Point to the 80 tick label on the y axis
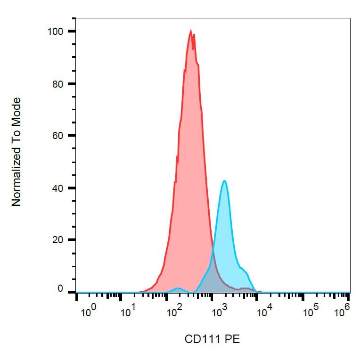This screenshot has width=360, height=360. [x=57, y=84]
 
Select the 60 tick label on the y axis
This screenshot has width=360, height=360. [x=57, y=136]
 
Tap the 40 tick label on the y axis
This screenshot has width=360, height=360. [x=57, y=188]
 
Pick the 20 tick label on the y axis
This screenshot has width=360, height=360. [x=57, y=240]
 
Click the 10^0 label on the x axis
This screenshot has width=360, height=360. [x=89, y=311]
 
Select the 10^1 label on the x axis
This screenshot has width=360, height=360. [x=128, y=311]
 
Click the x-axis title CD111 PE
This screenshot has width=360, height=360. [x=212, y=339]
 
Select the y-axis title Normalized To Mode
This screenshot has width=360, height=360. [x=16, y=152]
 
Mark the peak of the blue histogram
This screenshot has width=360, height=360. [x=225, y=181]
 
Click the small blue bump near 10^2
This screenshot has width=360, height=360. [x=177, y=288]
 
